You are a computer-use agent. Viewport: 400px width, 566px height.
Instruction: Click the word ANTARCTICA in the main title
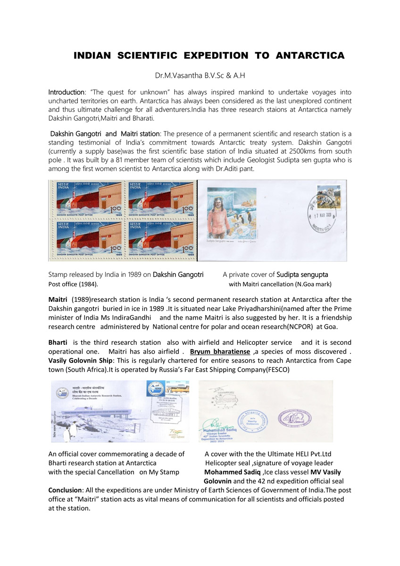[310, 56]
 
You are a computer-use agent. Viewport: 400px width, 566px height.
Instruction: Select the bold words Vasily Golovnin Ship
[79, 360]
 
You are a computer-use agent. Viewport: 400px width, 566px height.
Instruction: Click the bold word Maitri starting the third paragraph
[58, 300]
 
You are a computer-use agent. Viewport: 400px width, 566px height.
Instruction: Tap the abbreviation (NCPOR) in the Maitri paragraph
[284, 326]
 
